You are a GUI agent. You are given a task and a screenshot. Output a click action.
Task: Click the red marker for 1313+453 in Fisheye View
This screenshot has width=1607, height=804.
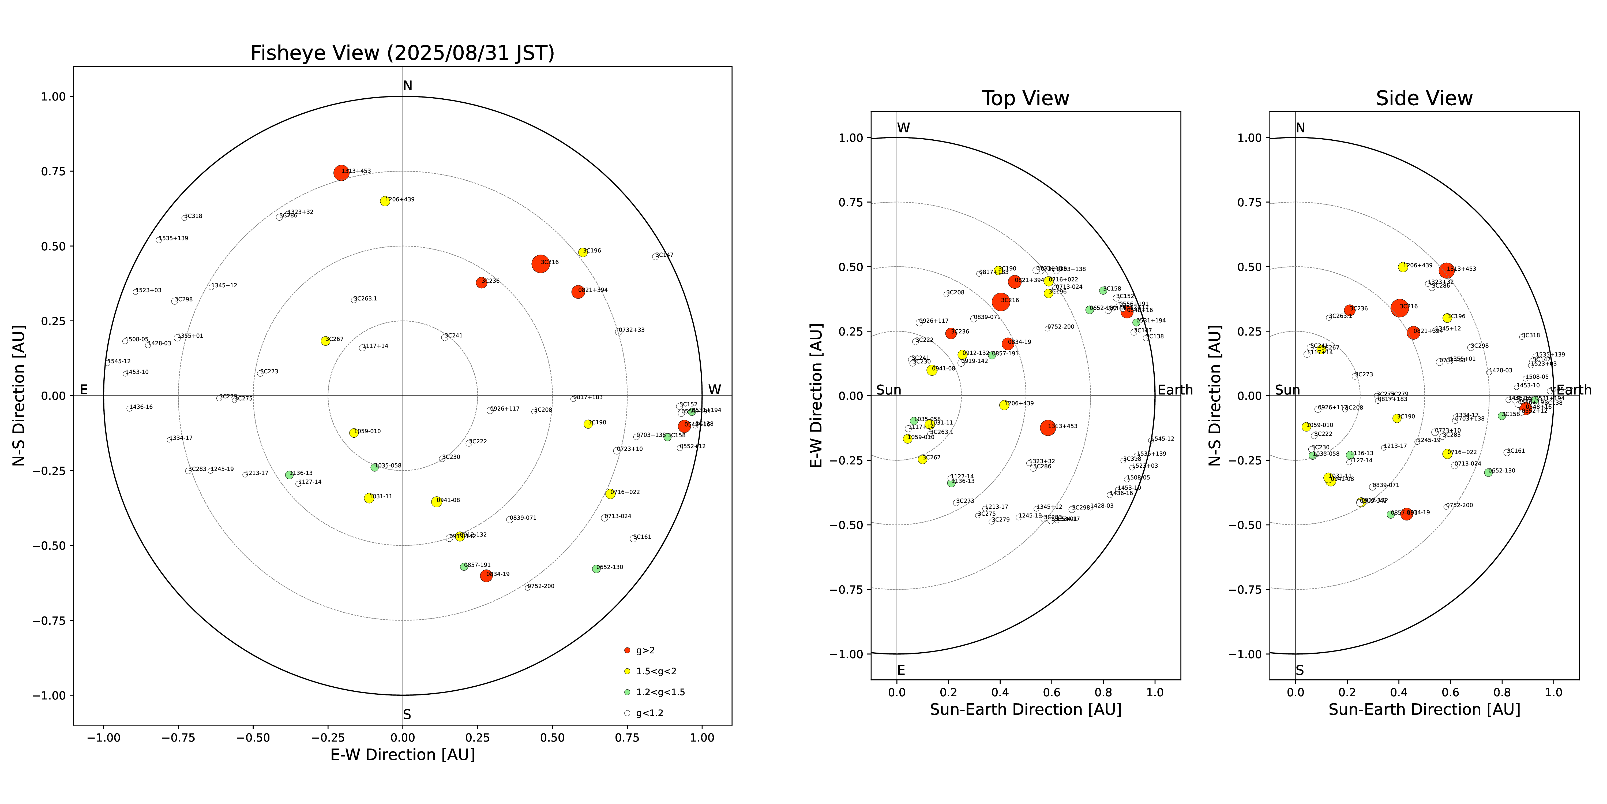[341, 173]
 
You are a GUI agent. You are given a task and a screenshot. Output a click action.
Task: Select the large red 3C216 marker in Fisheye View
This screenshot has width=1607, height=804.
[540, 264]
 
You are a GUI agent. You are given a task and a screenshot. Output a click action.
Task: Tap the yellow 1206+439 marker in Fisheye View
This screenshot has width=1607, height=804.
[385, 201]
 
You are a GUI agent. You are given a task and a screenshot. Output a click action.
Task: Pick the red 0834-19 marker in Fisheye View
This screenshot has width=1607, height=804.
[486, 576]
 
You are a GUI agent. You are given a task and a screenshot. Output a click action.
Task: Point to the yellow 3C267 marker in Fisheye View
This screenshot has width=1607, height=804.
[325, 341]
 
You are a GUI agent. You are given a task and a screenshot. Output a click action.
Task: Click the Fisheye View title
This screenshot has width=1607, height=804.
[402, 53]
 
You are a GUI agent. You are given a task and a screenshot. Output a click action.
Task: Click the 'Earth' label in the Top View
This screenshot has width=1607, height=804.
[1175, 390]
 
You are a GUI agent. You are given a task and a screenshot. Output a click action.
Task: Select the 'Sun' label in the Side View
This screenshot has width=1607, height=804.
[1287, 390]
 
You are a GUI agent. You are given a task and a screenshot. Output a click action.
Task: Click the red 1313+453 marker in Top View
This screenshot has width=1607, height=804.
[1047, 427]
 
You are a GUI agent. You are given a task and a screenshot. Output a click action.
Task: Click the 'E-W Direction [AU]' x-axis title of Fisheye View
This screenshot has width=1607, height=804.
[402, 755]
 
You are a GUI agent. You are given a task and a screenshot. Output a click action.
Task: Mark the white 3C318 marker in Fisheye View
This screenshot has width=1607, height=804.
[184, 218]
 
